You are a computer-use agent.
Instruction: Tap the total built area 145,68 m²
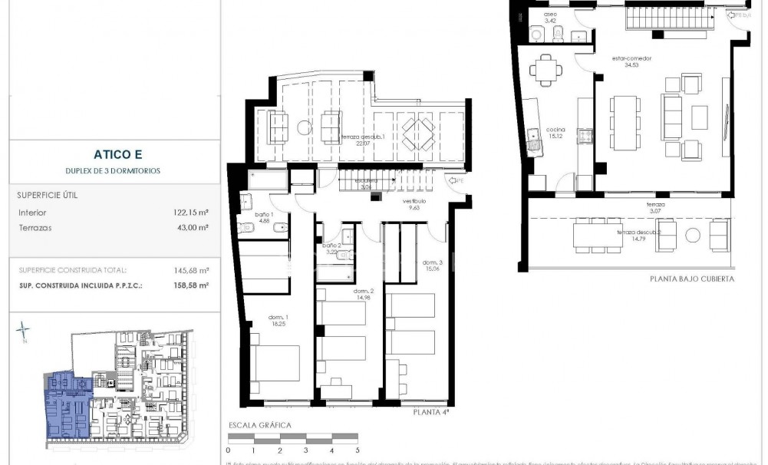[x=193, y=270]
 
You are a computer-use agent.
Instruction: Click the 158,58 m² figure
[x=193, y=285]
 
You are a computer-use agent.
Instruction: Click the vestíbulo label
[x=416, y=203]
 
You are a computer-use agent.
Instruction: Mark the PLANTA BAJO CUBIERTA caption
[x=691, y=279]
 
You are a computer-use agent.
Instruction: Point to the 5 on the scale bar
[x=357, y=450]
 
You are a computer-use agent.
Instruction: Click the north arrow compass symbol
[x=25, y=331]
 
